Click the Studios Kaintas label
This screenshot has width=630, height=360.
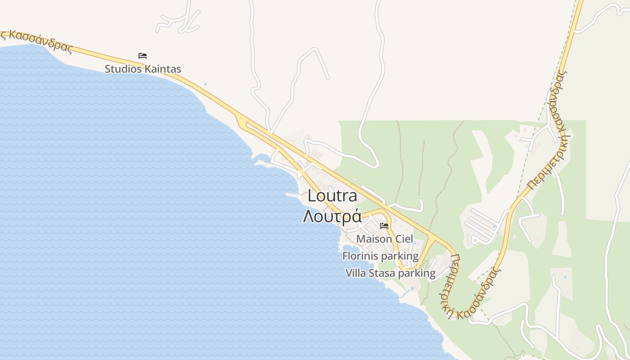tap(143, 69)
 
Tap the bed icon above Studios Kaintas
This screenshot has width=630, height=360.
tap(143, 56)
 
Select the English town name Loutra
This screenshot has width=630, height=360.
tap(333, 196)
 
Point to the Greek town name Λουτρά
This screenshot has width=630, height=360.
tap(333, 216)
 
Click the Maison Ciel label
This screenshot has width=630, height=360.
tap(384, 239)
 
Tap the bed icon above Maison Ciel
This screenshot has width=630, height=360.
tap(384, 225)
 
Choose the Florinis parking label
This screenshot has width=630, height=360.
tap(380, 256)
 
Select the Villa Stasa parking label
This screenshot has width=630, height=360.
tap(390, 273)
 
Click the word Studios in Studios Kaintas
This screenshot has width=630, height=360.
tap(123, 69)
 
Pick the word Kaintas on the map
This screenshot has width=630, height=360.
tap(162, 69)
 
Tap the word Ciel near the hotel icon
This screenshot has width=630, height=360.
tap(404, 239)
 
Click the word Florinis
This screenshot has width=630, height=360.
tap(359, 256)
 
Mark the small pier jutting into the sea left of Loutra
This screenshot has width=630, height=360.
tap(292, 195)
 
